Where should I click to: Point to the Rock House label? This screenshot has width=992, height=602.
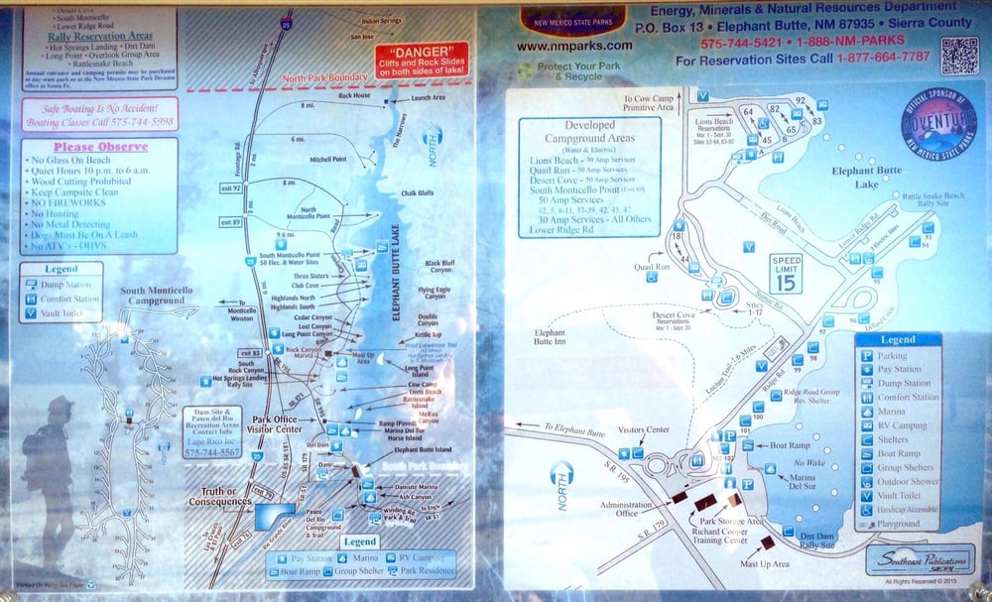coord(355,95)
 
